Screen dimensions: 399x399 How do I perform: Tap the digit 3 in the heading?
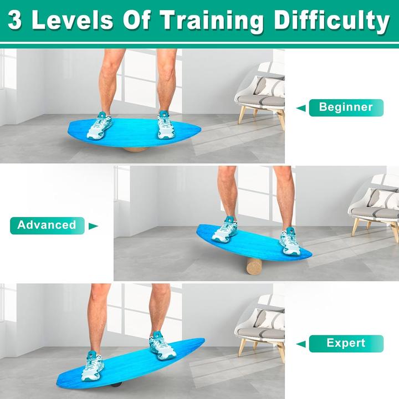click(x=16, y=21)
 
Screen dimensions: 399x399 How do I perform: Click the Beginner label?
click(x=346, y=107)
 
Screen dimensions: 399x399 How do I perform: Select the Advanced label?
click(x=47, y=225)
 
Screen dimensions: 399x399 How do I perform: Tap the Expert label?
click(x=346, y=343)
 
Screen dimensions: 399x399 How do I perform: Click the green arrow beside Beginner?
click(x=301, y=108)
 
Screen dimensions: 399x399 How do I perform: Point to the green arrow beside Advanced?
click(x=93, y=226)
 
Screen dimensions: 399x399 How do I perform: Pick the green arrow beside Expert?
click(x=301, y=344)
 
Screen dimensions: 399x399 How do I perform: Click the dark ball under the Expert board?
click(x=114, y=384)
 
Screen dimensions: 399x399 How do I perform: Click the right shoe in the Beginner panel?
click(x=166, y=125)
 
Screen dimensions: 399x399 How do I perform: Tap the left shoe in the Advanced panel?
click(x=224, y=230)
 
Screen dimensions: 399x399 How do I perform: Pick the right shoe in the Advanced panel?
click(x=289, y=242)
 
